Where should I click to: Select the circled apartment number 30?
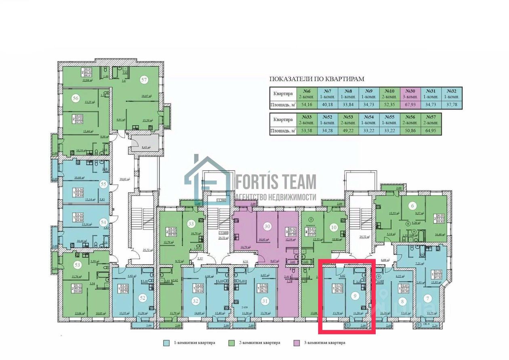267,226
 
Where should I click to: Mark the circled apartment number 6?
413,205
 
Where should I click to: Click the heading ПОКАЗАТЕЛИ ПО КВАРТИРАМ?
317,79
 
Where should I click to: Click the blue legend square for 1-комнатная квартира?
166,343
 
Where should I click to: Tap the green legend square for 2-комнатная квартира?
232,343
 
